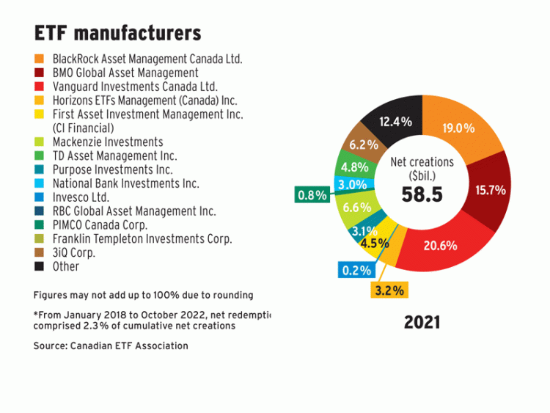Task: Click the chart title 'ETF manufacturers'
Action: coord(117,34)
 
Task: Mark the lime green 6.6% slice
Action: coord(353,208)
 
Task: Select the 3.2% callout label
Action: coord(389,290)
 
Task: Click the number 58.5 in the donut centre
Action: coord(422,194)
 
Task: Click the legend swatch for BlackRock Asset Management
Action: coord(39,58)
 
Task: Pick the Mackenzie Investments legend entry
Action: coord(108,142)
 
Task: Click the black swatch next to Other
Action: coord(39,266)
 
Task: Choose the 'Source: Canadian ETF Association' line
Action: coord(111,346)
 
